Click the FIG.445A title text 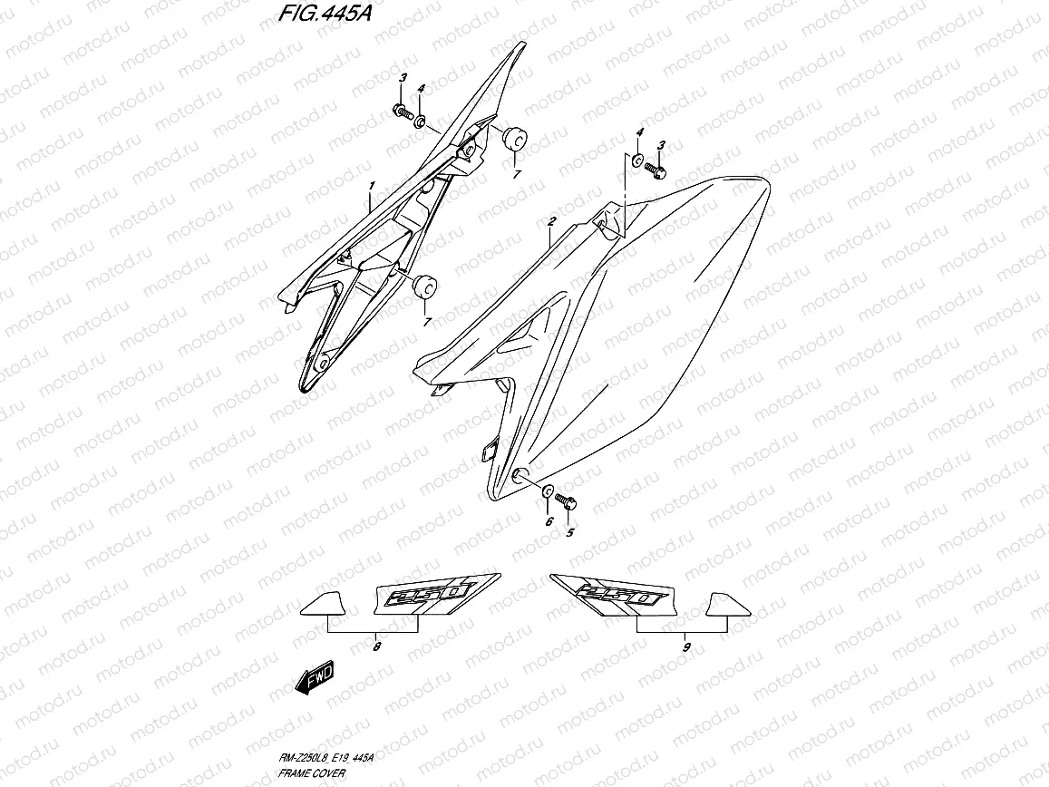point(314,15)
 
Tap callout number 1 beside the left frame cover point(371,188)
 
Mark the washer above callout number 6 point(548,492)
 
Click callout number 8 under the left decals point(376,647)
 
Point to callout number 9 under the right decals point(686,647)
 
